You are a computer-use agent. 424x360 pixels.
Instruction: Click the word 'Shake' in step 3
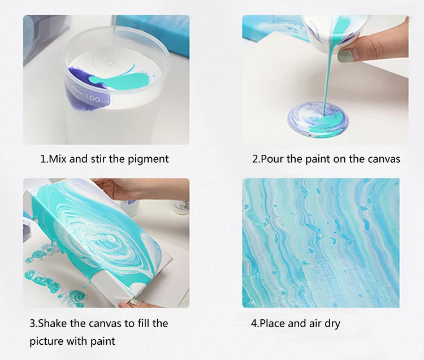point(51,323)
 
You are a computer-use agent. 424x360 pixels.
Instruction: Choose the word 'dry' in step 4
point(332,323)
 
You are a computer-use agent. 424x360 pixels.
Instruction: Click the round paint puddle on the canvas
point(318,119)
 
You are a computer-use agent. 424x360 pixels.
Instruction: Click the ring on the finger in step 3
point(133,302)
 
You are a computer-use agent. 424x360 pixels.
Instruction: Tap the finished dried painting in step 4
point(321,242)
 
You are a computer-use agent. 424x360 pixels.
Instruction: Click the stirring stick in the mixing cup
point(114,38)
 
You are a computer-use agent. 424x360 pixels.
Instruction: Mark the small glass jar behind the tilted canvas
point(181,207)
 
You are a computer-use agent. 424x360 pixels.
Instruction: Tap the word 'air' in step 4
point(315,323)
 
